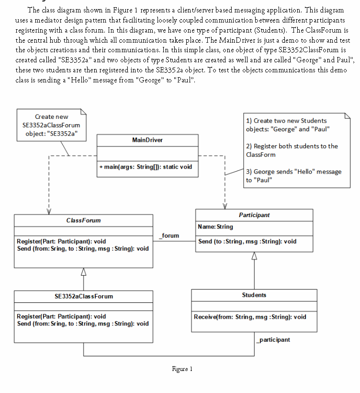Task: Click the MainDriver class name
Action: pyautogui.click(x=147, y=140)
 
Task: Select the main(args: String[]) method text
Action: pyautogui.click(x=146, y=167)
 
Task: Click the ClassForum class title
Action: pyautogui.click(x=84, y=220)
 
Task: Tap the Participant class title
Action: pyautogui.click(x=254, y=215)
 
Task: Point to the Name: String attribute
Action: pyautogui.click(x=215, y=226)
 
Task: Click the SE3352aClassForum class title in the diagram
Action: pyautogui.click(x=84, y=296)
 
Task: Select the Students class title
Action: pyautogui.click(x=254, y=295)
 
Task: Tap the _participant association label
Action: pyautogui.click(x=273, y=339)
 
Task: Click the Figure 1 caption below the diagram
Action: pyautogui.click(x=182, y=369)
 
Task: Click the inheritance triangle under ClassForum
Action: pyautogui.click(x=84, y=272)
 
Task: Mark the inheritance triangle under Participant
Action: pyautogui.click(x=254, y=256)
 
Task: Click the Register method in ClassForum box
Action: pyautogui.click(x=61, y=242)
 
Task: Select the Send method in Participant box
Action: pyautogui.click(x=247, y=242)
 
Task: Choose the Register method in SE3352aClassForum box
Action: pyautogui.click(x=61, y=317)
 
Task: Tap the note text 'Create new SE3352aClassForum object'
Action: pyautogui.click(x=51, y=125)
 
